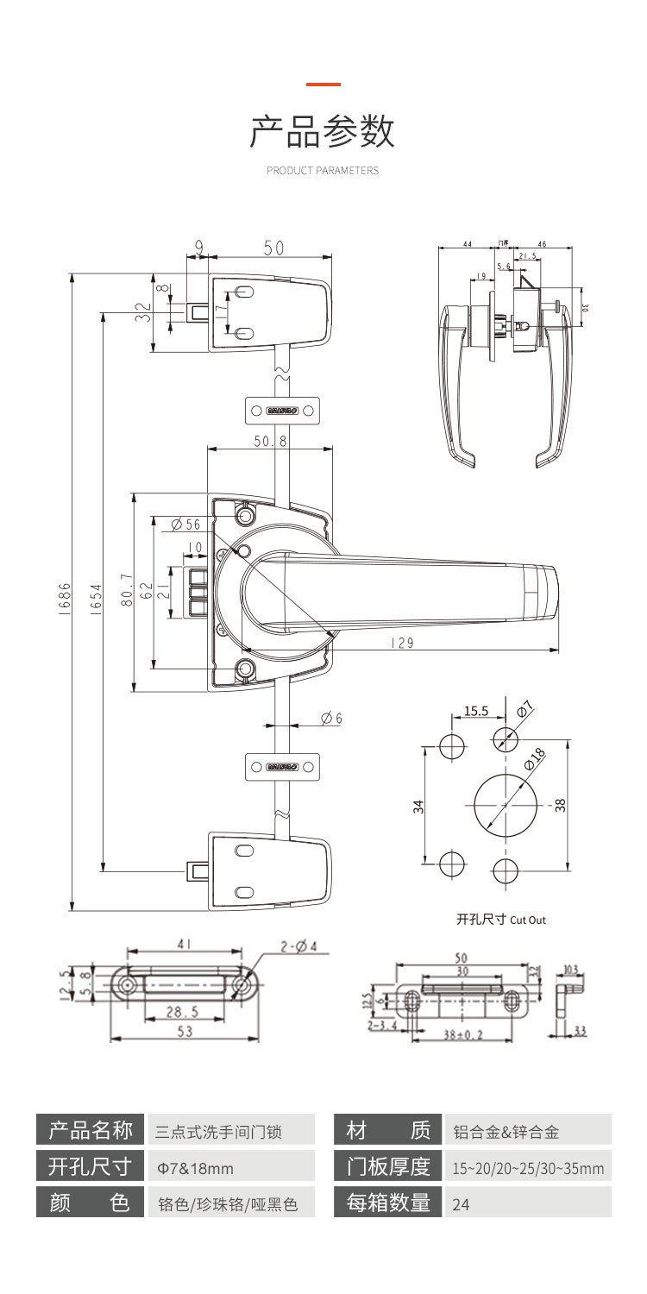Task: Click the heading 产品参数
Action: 323,131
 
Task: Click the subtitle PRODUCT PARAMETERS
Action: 323,171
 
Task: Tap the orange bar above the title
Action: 323,85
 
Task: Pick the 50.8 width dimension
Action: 270,440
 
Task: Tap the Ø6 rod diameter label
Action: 331,719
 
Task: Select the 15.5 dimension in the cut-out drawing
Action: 475,712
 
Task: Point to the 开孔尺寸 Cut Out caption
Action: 500,920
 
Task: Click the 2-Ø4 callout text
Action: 298,946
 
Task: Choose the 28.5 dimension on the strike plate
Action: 182,1012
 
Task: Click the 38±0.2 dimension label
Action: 463,1033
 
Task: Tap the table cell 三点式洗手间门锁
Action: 217,1131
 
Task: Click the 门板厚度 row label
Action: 388,1167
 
